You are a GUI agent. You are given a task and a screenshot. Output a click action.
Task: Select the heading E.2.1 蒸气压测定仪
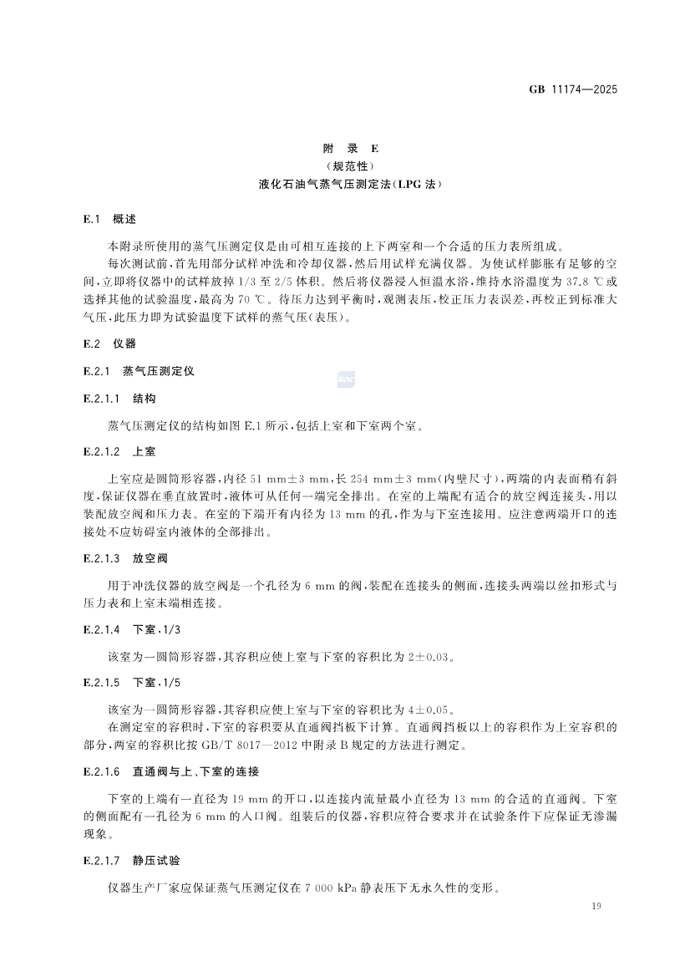point(139,370)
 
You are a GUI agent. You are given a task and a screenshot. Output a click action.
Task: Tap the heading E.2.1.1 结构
point(120,398)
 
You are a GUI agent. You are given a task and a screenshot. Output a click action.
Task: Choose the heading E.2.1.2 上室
point(120,451)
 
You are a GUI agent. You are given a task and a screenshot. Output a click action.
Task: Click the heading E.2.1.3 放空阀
point(125,557)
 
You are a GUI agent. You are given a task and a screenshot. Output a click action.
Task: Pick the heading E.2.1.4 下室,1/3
point(132,628)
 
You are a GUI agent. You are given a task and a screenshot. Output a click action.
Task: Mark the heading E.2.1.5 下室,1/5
point(132,682)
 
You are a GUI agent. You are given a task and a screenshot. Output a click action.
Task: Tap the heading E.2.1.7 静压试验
point(132,859)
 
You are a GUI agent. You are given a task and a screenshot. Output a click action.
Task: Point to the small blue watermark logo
point(346,380)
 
